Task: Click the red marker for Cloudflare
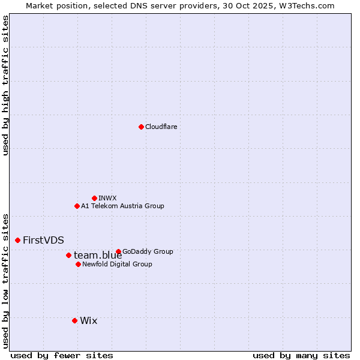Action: point(141,127)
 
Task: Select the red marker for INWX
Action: point(94,198)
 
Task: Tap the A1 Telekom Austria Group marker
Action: point(77,206)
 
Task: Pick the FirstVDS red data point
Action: point(17,240)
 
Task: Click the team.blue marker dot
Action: point(68,255)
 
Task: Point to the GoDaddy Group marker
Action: point(118,251)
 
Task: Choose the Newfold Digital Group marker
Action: point(78,264)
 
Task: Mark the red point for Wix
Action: point(74,320)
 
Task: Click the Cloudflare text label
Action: point(161,127)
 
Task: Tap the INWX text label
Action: point(107,198)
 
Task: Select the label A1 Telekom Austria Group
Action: point(122,206)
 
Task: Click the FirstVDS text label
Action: point(43,240)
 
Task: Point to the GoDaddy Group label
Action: point(148,251)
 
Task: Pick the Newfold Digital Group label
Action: point(117,264)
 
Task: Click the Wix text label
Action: point(88,320)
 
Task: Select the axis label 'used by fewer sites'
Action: point(62,355)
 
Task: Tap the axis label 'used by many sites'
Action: point(301,355)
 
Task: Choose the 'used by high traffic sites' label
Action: point(5,85)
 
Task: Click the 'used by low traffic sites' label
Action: point(5,281)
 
